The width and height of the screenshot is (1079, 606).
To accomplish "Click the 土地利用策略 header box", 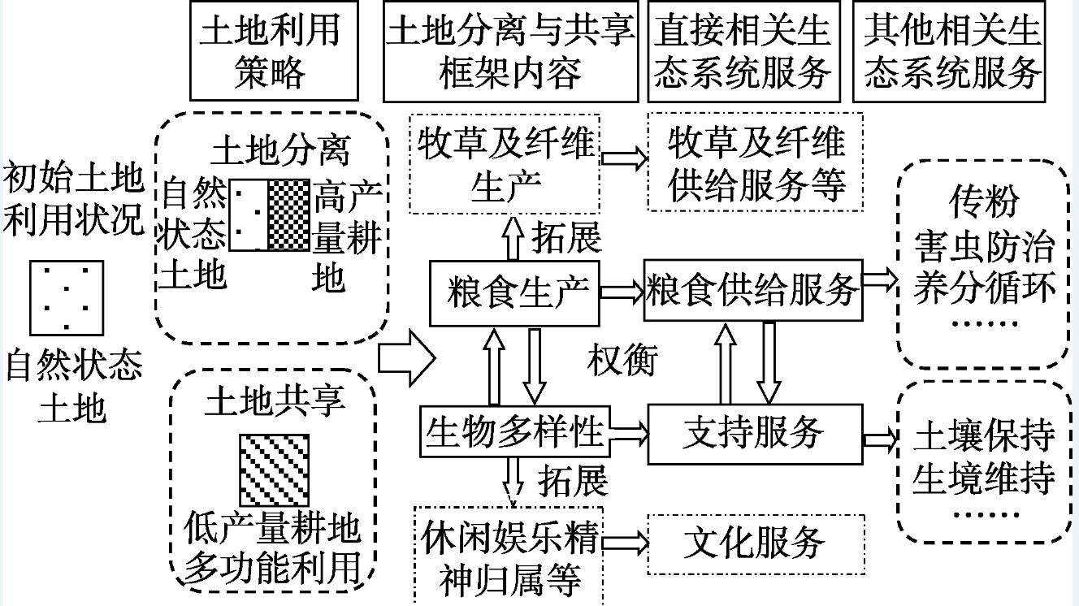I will [270, 50].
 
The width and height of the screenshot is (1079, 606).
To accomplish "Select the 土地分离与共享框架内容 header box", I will [510, 50].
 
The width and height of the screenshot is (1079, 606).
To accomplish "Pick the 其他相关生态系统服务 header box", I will [952, 50].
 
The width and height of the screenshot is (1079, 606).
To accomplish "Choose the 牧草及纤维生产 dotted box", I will [504, 164].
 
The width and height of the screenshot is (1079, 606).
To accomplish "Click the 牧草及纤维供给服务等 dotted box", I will [756, 164].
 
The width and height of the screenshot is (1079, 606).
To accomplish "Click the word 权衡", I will [622, 359].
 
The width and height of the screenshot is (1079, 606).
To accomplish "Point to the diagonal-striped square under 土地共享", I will [274, 470].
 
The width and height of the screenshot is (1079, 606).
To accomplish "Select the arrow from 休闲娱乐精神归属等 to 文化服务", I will [627, 542].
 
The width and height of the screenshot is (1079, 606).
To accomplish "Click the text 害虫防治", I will [983, 246].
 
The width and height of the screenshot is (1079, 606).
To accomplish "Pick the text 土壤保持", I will [983, 436].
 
